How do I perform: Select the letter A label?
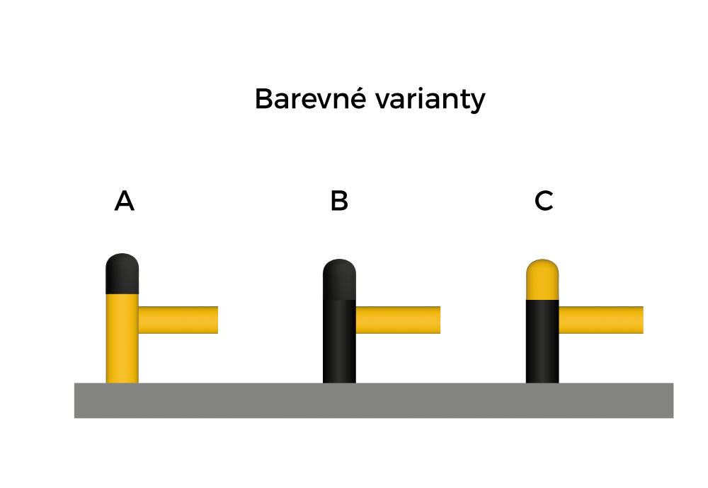tap(124, 202)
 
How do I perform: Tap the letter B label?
tap(339, 202)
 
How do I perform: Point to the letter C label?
tap(544, 202)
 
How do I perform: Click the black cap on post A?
tap(122, 274)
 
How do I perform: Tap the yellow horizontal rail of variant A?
tap(178, 320)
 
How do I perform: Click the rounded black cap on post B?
tap(339, 279)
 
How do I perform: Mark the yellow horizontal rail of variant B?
tap(397, 320)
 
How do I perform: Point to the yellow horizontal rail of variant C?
tap(600, 320)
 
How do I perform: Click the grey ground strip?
tap(373, 400)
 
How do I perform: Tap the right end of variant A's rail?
tap(215, 320)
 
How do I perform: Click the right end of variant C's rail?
tap(640, 320)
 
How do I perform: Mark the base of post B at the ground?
tap(339, 380)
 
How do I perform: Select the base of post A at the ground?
tap(122, 380)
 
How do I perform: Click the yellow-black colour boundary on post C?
tap(543, 300)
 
